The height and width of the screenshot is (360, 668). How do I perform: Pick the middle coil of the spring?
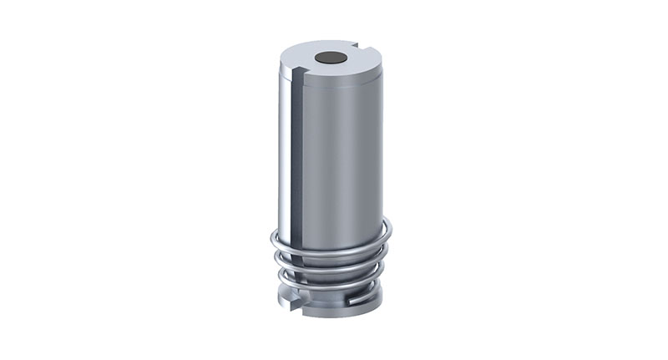(334, 266)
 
